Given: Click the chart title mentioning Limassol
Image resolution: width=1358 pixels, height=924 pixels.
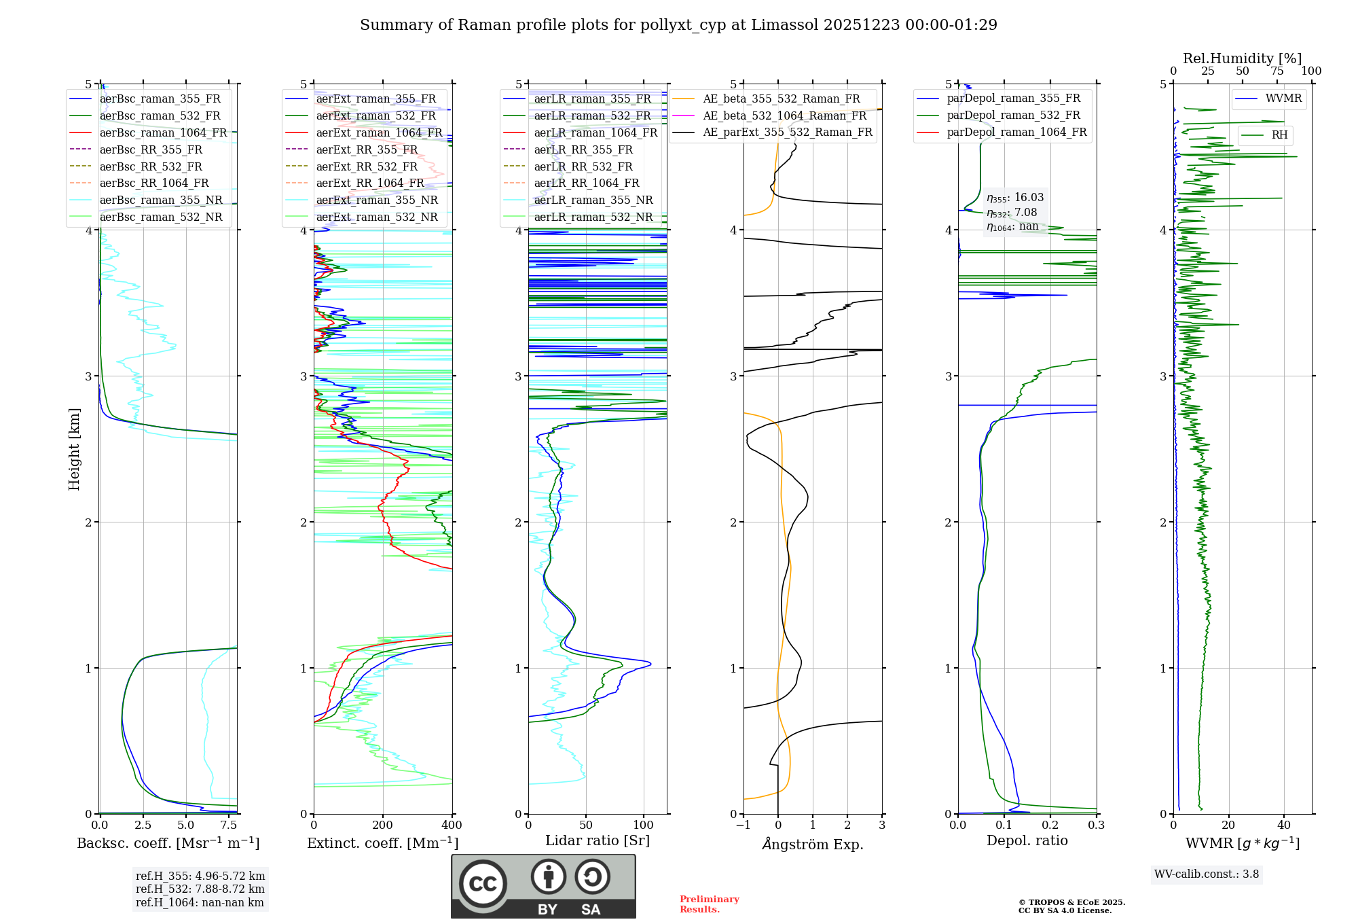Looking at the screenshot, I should [x=678, y=25].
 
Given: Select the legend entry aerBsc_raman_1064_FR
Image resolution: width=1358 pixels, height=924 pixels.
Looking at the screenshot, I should [x=163, y=132].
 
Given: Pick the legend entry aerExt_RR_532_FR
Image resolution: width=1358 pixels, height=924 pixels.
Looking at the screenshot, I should [x=367, y=166].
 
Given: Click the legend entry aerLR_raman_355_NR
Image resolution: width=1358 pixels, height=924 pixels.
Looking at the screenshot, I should [x=593, y=200].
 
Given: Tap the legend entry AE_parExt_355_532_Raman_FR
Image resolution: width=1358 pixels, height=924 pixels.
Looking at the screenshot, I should [x=788, y=132].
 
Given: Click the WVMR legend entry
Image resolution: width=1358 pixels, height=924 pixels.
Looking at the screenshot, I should [x=1283, y=99].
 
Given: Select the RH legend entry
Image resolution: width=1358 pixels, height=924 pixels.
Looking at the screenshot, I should [x=1279, y=135].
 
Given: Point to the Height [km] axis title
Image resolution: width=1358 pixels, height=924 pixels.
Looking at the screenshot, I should [x=74, y=449].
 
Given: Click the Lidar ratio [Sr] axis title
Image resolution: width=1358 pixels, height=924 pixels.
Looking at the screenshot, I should [x=598, y=840].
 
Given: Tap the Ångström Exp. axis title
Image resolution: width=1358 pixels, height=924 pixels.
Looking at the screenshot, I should [x=813, y=844].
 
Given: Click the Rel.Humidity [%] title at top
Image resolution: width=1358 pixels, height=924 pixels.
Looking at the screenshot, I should [x=1242, y=58].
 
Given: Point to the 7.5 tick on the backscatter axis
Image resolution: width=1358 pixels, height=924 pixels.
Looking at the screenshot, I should [x=229, y=825].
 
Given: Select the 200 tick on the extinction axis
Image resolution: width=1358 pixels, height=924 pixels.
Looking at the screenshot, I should [x=383, y=825].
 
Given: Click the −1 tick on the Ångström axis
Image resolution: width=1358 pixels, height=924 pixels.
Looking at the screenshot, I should [x=744, y=825].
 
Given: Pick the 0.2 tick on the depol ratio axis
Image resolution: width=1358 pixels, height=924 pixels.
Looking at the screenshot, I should [x=1050, y=825].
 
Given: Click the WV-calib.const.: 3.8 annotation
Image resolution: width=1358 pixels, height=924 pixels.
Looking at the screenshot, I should [x=1207, y=874].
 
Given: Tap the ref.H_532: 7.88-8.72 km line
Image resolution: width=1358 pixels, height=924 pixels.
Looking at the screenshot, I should [x=200, y=889].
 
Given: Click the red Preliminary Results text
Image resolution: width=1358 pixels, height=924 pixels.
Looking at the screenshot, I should [x=709, y=904].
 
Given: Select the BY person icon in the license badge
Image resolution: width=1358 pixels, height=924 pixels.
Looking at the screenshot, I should [x=549, y=877].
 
